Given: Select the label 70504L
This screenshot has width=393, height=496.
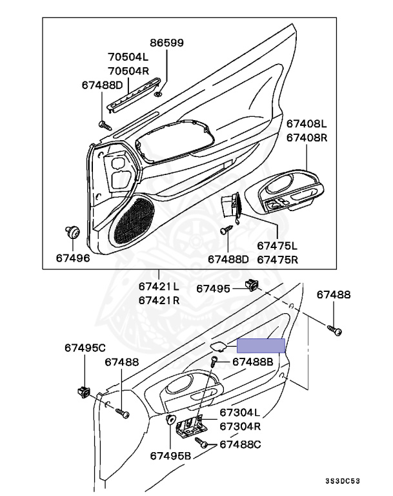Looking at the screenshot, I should [x=127, y=56].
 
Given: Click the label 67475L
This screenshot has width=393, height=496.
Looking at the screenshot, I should [x=277, y=246].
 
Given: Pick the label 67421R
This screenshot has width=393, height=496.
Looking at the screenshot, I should [x=159, y=300].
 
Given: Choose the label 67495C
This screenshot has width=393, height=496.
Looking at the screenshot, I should [x=85, y=348].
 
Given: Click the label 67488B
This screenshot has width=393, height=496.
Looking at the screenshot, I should [x=253, y=362].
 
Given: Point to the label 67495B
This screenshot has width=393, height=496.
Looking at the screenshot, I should [x=171, y=455].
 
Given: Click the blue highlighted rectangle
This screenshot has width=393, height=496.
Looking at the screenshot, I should [x=261, y=346].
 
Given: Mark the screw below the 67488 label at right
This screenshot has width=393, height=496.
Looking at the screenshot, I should [x=336, y=330].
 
